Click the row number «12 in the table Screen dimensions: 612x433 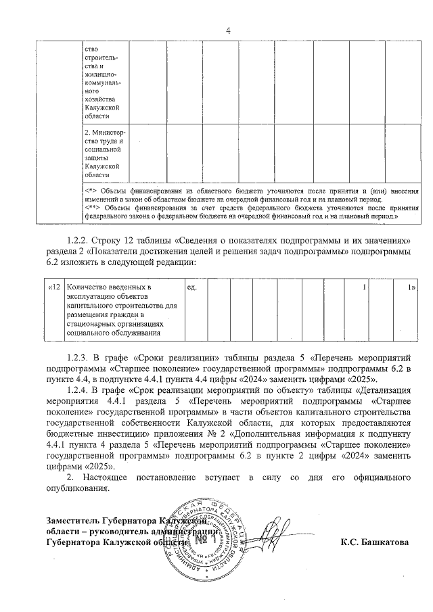(x=55, y=289)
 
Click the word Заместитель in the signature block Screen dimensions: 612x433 (x=73, y=521)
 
